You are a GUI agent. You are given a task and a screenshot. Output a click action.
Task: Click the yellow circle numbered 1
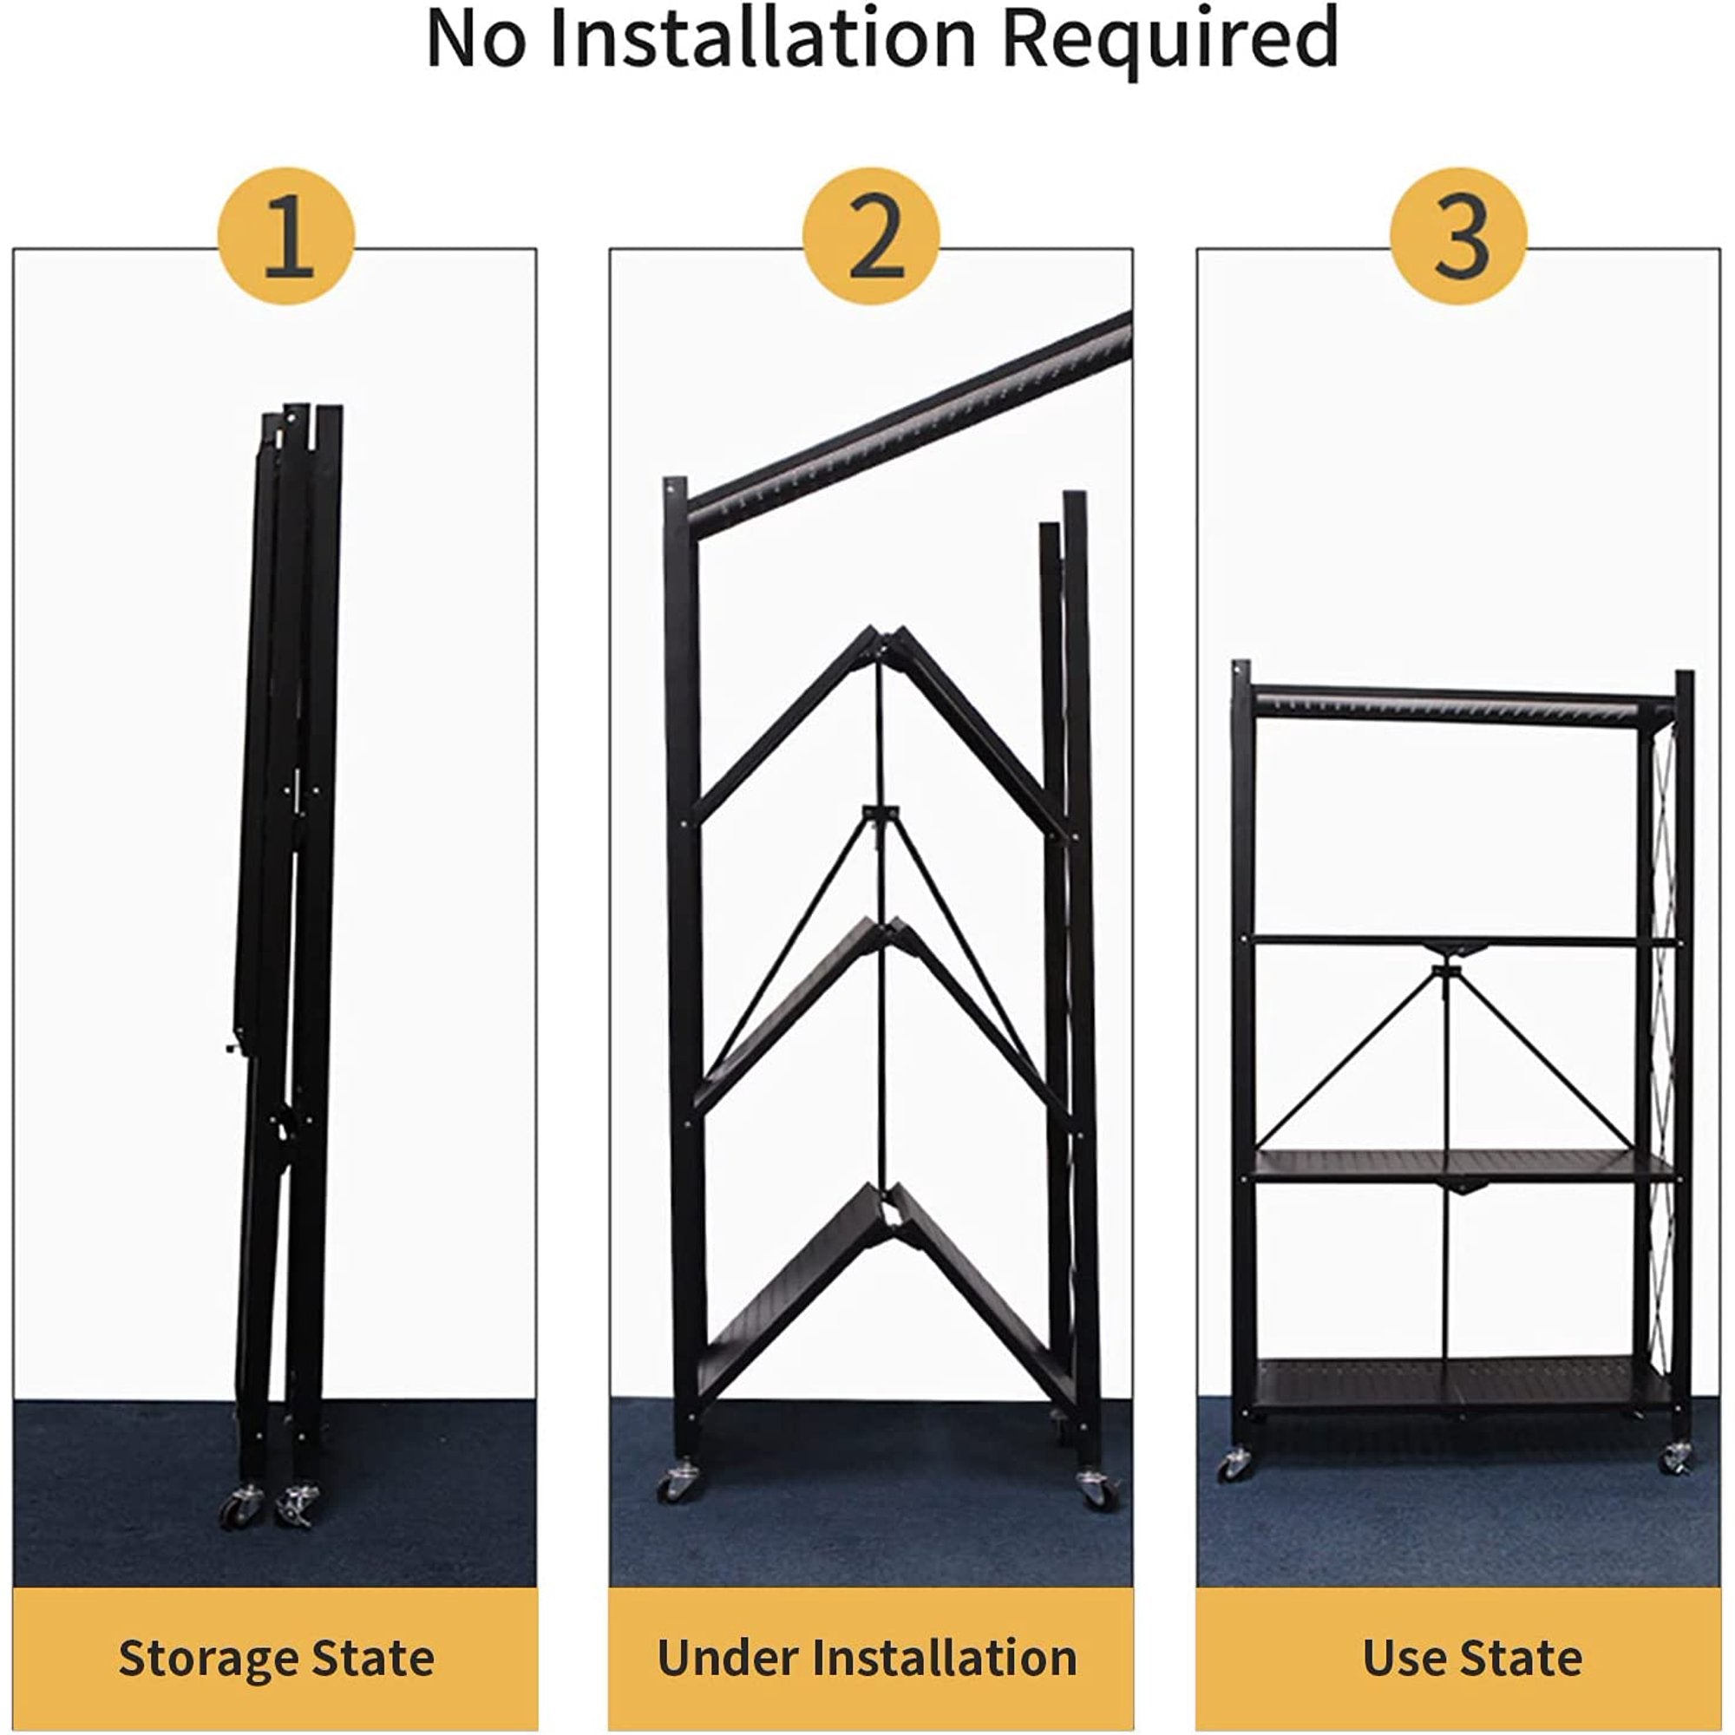point(286,236)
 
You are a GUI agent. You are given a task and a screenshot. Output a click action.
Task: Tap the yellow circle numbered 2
point(871,236)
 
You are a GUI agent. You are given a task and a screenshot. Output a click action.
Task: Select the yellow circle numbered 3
point(1458,236)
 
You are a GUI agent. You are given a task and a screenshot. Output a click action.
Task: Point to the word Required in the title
point(1169,41)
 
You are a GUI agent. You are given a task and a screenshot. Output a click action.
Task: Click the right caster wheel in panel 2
point(1097,1488)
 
